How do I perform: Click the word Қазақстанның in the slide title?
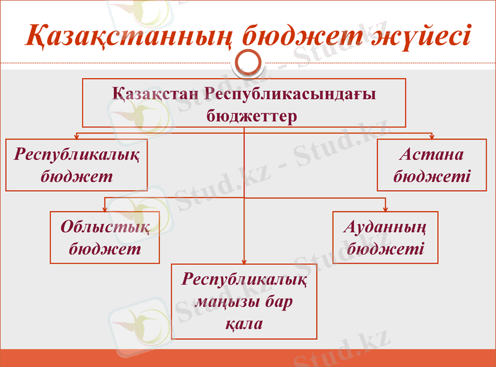click(127, 35)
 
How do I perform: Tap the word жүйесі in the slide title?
click(422, 35)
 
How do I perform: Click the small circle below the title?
click(248, 62)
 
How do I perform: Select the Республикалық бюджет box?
click(76, 165)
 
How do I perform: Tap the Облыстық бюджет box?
click(105, 238)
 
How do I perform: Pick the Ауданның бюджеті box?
click(385, 238)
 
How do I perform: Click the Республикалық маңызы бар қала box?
click(244, 301)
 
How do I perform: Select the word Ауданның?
click(385, 227)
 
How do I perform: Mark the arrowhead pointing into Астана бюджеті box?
click(432, 137)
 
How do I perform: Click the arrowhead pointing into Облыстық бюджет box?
click(105, 209)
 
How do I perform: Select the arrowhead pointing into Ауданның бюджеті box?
click(385, 209)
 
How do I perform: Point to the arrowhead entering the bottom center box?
click(244, 261)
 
